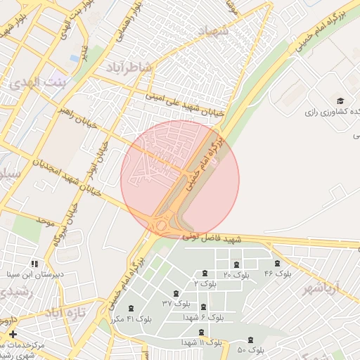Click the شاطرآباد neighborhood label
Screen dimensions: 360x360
tap(130, 67)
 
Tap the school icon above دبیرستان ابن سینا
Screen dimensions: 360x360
tap(35, 264)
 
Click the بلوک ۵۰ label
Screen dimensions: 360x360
tap(251, 349)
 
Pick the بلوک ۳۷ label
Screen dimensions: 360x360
tap(176, 303)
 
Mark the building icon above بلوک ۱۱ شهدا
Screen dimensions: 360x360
tap(201, 331)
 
